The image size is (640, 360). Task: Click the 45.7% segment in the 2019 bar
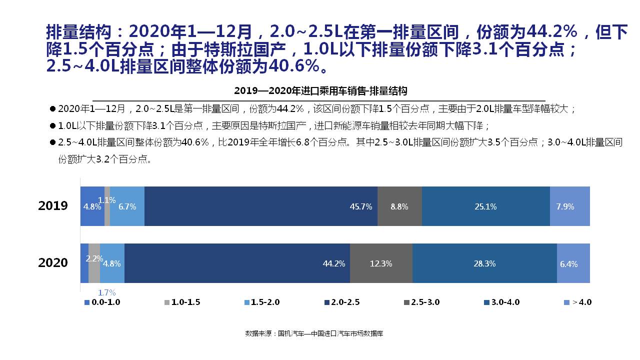pyautogui.click(x=260, y=206)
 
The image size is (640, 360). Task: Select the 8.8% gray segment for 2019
pyautogui.click(x=399, y=206)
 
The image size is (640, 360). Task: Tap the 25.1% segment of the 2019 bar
pyautogui.click(x=485, y=206)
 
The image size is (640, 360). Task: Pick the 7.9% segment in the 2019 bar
pyautogui.click(x=569, y=206)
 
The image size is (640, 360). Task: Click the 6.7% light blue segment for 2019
pyautogui.click(x=127, y=206)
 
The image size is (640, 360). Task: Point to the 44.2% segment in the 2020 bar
pyautogui.click(x=237, y=263)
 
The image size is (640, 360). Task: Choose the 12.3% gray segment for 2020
pyautogui.click(x=381, y=263)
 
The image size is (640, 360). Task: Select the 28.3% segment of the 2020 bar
pyautogui.click(x=484, y=263)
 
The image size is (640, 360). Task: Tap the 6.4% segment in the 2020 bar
pyautogui.click(x=573, y=263)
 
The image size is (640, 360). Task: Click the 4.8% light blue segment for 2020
pyautogui.click(x=112, y=263)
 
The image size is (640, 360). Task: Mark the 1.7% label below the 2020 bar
pyautogui.click(x=106, y=292)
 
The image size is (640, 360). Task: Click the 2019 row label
pyautogui.click(x=53, y=206)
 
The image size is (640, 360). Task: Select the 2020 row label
pyautogui.click(x=53, y=263)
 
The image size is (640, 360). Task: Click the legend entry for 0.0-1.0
pyautogui.click(x=102, y=302)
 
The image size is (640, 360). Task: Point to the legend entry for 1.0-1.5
pyautogui.click(x=182, y=302)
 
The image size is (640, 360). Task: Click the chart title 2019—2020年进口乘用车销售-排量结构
pyautogui.click(x=320, y=91)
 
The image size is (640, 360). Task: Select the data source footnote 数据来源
pyautogui.click(x=314, y=333)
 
